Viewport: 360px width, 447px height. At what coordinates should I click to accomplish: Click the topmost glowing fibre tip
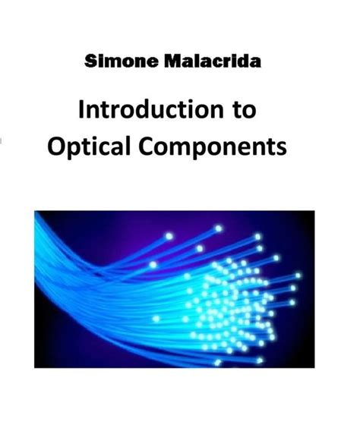pos(219,228)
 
